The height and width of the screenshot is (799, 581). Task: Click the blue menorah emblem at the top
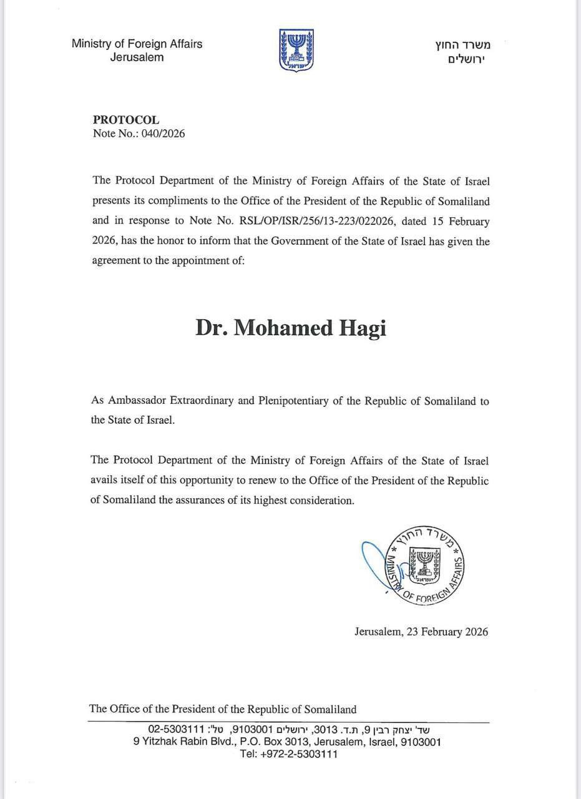click(296, 50)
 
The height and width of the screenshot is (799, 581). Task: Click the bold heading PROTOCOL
click(126, 120)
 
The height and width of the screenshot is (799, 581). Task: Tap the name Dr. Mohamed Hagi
click(290, 328)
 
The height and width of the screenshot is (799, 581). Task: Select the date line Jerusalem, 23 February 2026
click(421, 632)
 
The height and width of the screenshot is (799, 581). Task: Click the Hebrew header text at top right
click(462, 51)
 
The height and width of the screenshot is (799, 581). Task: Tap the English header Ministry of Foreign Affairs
click(137, 44)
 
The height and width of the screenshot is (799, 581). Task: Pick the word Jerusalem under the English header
click(137, 57)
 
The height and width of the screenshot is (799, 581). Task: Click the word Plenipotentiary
click(293, 401)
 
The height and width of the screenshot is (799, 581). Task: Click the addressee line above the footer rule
click(223, 709)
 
